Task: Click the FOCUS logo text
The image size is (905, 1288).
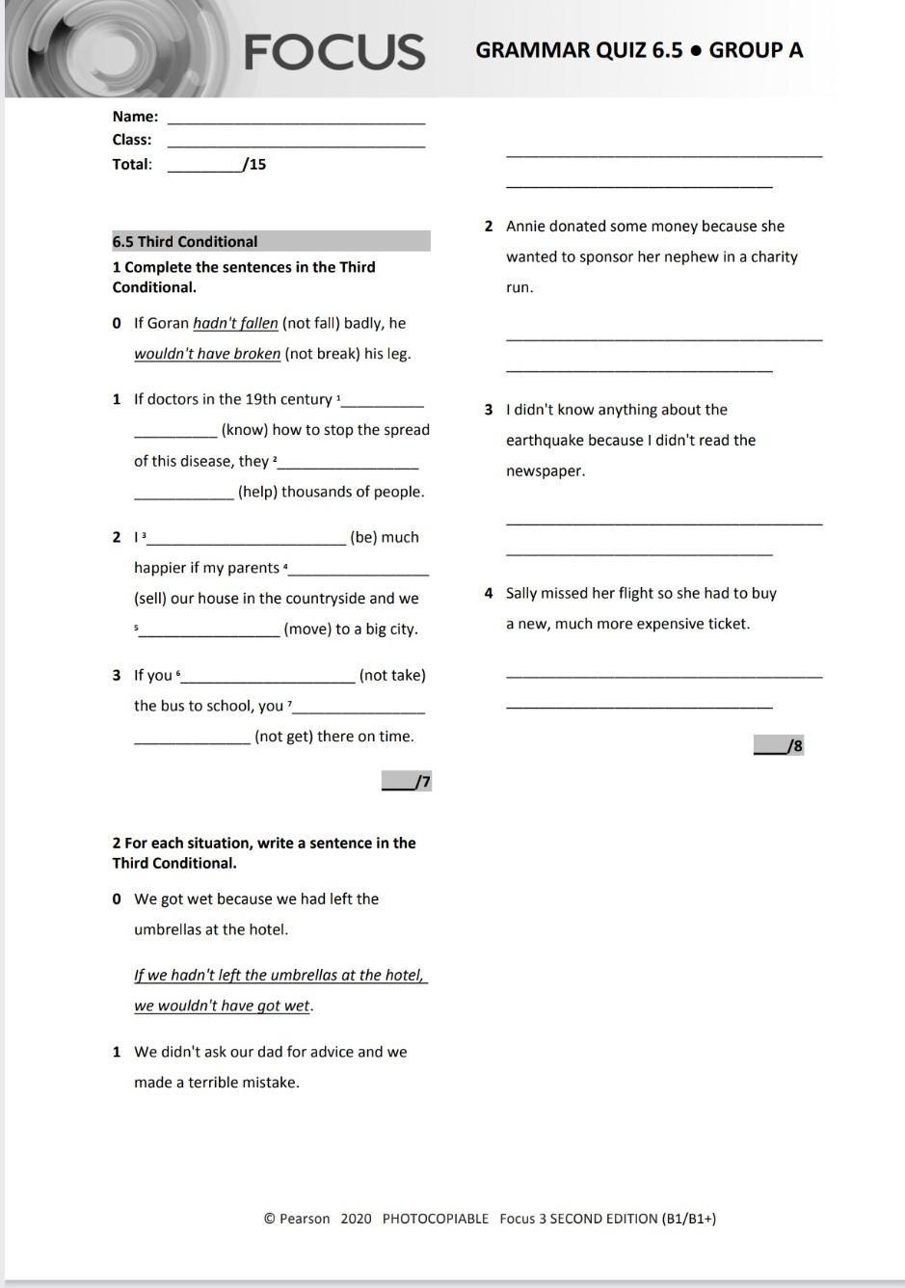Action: [x=334, y=52]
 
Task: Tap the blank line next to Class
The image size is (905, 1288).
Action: [x=296, y=146]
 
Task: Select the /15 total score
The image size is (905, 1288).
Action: [x=255, y=165]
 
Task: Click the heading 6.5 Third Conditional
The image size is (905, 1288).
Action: [x=185, y=242]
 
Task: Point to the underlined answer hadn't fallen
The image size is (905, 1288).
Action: [x=235, y=323]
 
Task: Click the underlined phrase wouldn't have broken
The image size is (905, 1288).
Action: [x=207, y=354]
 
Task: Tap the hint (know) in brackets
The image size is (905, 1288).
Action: [x=246, y=430]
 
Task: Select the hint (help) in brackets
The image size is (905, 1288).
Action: [x=257, y=492]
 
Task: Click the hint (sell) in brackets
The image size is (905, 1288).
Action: [x=153, y=599]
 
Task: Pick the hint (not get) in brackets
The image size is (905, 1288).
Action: [x=286, y=737]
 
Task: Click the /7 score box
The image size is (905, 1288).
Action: [x=407, y=781]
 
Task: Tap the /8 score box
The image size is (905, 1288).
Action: [x=779, y=745]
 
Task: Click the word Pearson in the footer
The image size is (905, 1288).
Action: [x=305, y=1219]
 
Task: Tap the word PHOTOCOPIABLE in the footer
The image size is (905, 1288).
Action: [x=436, y=1219]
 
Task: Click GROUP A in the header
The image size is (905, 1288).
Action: [x=756, y=51]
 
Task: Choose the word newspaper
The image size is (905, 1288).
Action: [x=546, y=471]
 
